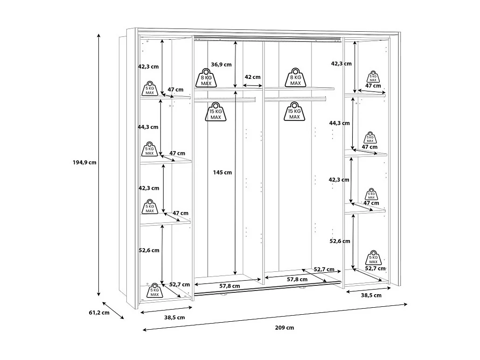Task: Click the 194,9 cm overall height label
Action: [84, 163]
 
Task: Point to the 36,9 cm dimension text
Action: [221, 64]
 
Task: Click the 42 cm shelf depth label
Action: [252, 77]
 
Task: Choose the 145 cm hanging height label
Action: [222, 172]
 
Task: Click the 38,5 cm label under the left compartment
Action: [174, 318]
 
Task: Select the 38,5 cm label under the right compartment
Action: [371, 295]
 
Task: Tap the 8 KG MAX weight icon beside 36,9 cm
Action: [206, 78]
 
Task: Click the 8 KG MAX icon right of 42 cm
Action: [295, 78]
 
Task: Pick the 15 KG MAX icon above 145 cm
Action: [216, 112]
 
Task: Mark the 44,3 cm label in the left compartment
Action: [148, 127]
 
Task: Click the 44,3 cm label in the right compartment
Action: [339, 123]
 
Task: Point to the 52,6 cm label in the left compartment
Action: [149, 250]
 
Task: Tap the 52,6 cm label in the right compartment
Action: [340, 241]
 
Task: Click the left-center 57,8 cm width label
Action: [230, 286]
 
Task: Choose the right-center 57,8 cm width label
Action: [297, 279]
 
